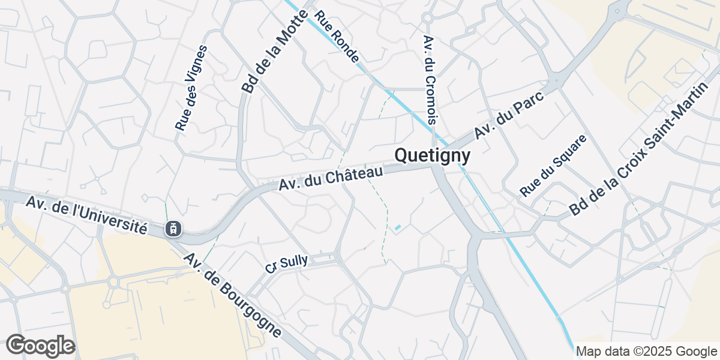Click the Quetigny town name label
tap(433, 156)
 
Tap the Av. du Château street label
tap(331, 179)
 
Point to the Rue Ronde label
tap(337, 37)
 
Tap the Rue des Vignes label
tap(191, 88)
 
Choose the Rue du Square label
tap(553, 166)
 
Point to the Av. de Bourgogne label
tap(232, 295)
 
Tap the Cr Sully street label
tap(287, 264)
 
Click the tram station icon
tap(173, 228)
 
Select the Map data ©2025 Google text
tap(646, 351)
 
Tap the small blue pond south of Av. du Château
tap(397, 227)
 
